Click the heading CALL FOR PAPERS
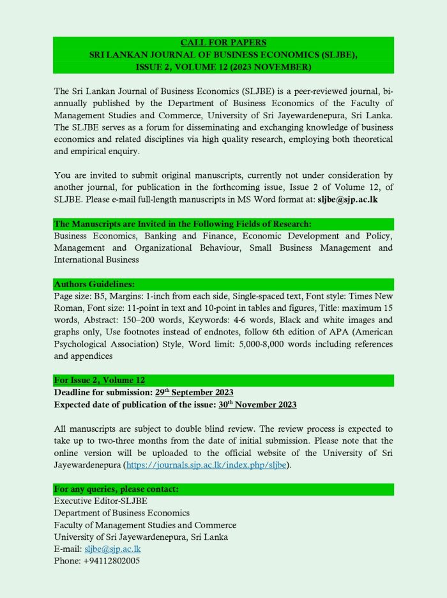(223, 43)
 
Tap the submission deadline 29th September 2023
(194, 393)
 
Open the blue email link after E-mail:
(112, 549)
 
